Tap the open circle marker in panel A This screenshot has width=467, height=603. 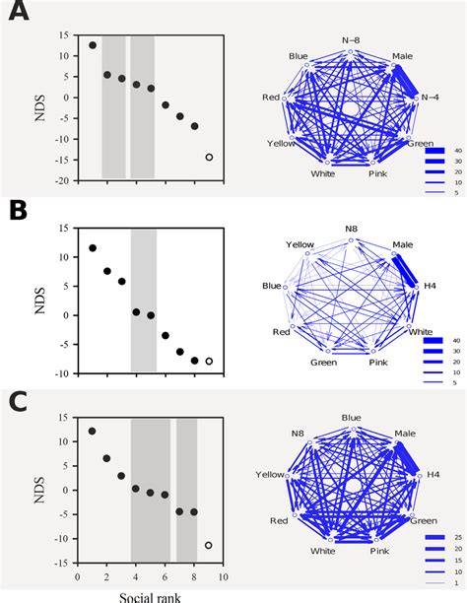pos(209,157)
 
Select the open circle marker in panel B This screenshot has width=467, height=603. pos(209,361)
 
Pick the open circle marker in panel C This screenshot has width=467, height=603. pos(209,545)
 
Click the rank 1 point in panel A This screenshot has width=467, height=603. pos(93,45)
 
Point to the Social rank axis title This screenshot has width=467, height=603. pos(150,595)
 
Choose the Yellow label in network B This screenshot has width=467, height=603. pos(300,244)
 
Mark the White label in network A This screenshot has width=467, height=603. pos(322,172)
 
